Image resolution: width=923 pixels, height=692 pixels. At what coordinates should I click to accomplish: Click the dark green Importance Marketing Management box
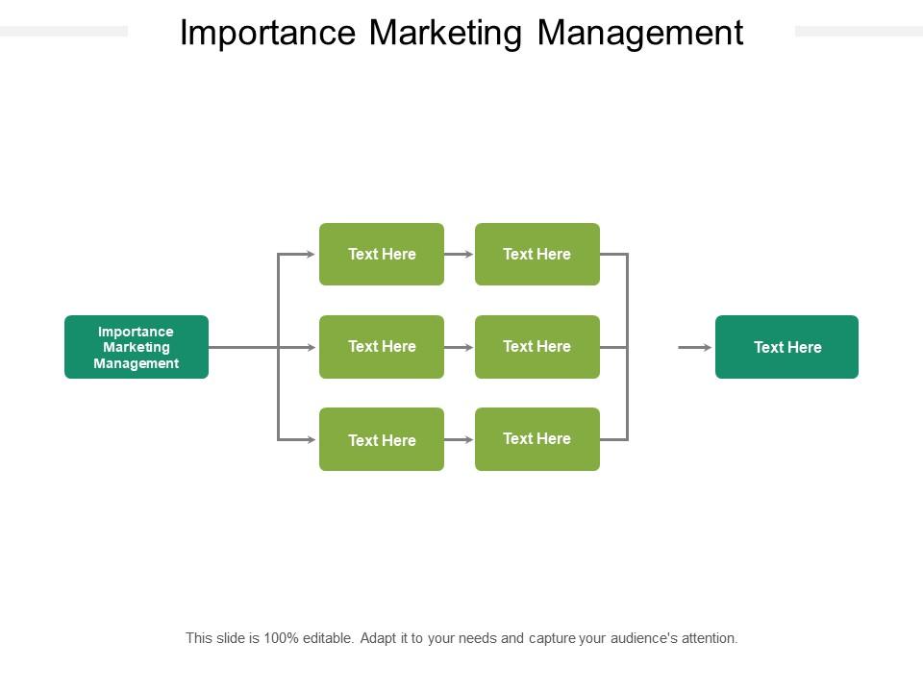137,347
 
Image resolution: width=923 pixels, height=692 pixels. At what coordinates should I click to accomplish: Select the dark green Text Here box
787,347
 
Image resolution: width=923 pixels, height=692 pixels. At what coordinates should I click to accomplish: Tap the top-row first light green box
382,254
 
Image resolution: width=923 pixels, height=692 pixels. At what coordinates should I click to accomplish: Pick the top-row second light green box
537,254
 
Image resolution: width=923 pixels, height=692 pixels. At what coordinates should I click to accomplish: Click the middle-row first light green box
382,347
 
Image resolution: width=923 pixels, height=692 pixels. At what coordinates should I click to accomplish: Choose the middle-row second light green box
537,347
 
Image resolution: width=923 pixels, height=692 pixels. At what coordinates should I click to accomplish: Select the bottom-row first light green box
382,439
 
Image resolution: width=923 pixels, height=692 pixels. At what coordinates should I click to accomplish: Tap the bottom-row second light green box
537,439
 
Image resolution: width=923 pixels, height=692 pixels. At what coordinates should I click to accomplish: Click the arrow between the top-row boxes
460,254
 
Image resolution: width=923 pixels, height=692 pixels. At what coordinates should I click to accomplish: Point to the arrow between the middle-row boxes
460,347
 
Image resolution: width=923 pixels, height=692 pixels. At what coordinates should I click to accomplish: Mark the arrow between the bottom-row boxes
460,439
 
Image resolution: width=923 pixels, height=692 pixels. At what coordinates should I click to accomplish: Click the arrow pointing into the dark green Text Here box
695,347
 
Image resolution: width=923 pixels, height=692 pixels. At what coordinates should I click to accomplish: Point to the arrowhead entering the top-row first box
312,254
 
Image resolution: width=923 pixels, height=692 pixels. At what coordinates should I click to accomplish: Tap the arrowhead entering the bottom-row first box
312,439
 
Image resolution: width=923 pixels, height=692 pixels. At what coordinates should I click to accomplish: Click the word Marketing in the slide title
445,34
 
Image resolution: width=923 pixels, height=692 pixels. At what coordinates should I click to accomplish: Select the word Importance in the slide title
268,34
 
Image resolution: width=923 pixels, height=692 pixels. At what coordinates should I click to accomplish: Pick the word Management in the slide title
640,34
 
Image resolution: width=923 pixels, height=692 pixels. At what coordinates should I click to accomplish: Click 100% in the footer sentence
282,638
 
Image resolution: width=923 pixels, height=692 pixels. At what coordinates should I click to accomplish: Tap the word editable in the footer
328,638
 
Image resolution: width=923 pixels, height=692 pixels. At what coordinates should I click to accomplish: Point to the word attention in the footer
710,638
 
